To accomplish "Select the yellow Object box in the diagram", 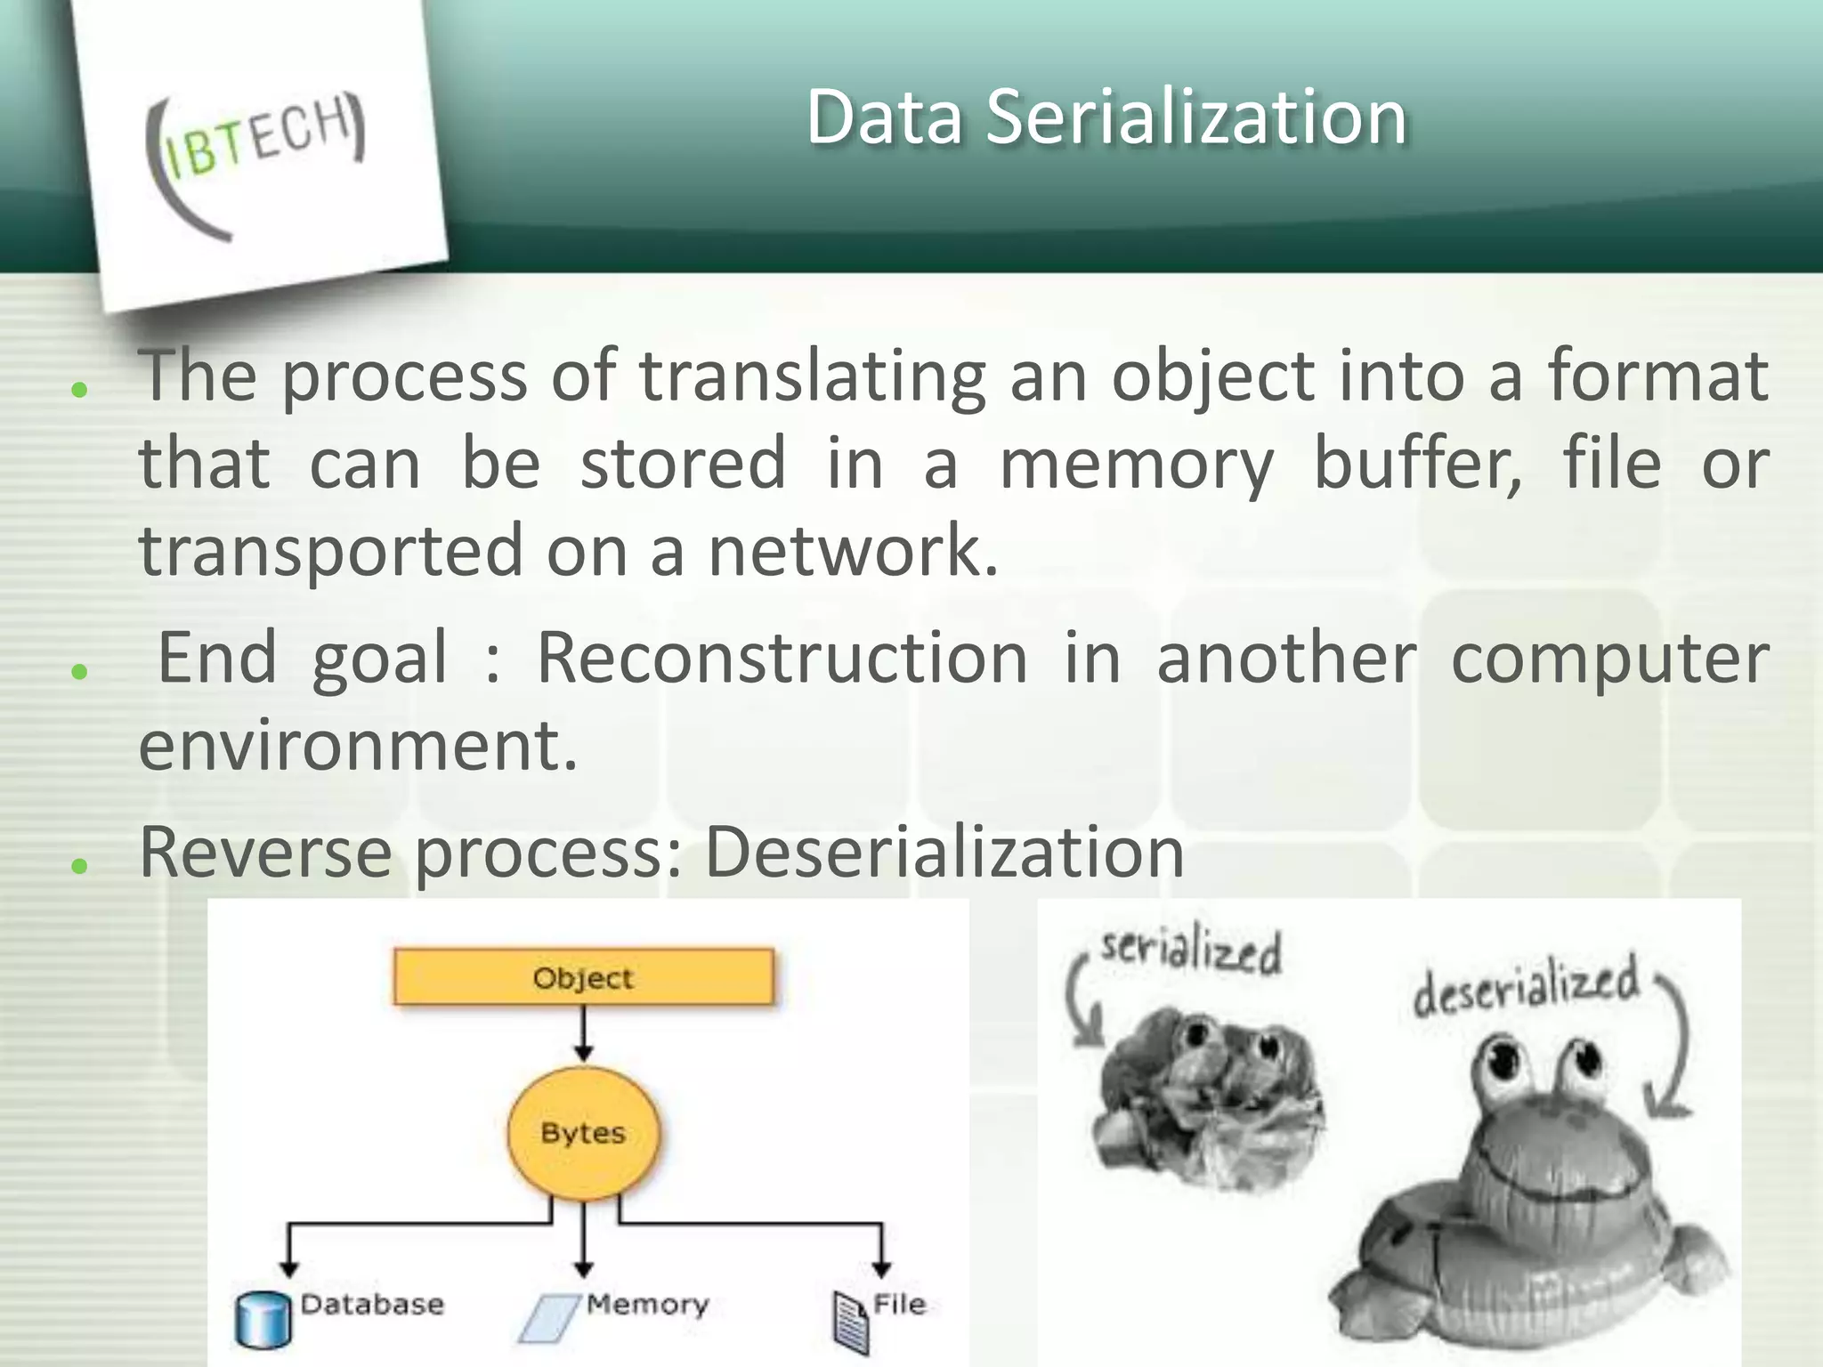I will [583, 977].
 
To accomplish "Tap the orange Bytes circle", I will [583, 1133].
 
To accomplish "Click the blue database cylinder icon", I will [263, 1319].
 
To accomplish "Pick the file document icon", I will [850, 1323].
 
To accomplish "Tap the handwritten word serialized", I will [1190, 950].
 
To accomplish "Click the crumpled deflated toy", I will [1206, 1099].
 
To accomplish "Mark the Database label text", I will [371, 1305].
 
